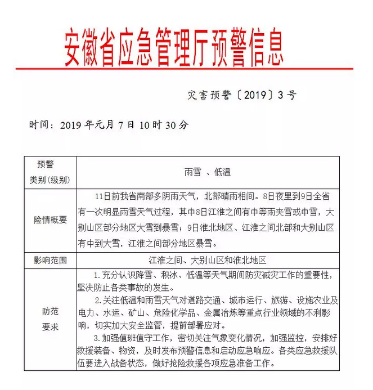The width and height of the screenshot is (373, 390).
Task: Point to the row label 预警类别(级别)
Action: pyautogui.click(x=50, y=172)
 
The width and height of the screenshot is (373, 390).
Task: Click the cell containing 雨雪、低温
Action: pyautogui.click(x=207, y=172)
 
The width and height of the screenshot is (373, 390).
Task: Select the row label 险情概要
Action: pyautogui.click(x=50, y=220)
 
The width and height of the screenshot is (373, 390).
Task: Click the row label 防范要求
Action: pyautogui.click(x=50, y=319)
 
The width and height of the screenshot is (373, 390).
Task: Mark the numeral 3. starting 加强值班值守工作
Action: pyautogui.click(x=97, y=338)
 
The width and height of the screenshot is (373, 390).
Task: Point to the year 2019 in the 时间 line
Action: pyautogui.click(x=71, y=125)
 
